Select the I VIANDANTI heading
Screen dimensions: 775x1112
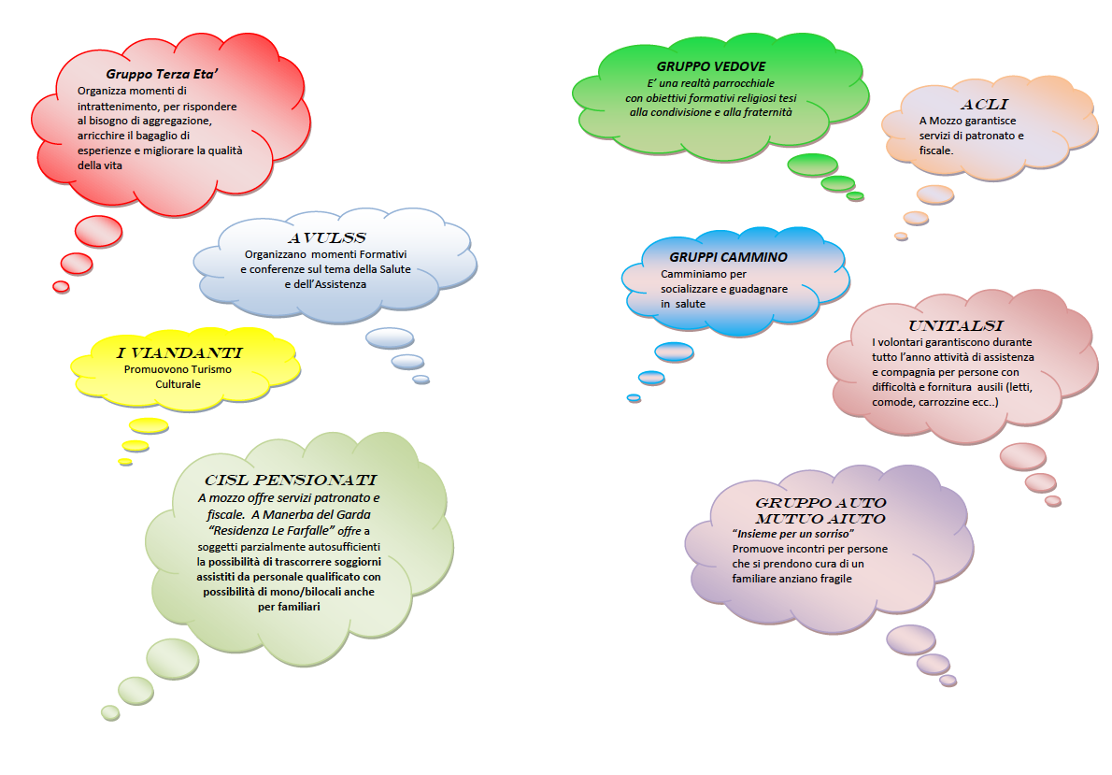(x=179, y=353)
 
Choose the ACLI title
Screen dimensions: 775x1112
(x=983, y=104)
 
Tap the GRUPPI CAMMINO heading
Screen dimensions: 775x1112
(x=728, y=256)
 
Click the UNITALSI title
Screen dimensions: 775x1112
(x=956, y=326)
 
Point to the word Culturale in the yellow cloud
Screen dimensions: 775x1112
(x=178, y=383)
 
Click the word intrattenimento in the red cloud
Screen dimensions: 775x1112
(x=118, y=106)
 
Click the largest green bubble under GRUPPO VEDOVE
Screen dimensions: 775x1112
(x=812, y=165)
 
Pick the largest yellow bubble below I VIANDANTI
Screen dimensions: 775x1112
(x=148, y=425)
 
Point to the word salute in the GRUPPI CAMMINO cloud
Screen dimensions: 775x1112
(x=691, y=304)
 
